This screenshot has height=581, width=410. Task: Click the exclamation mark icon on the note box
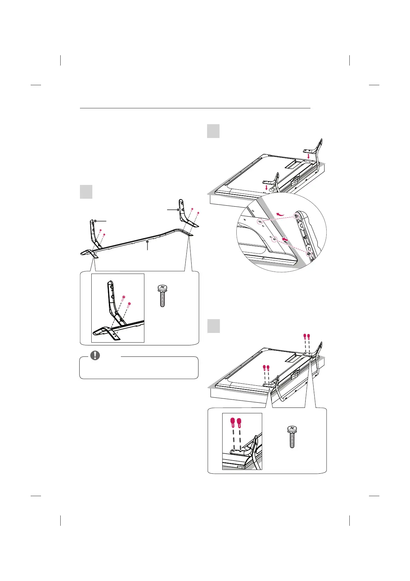[95, 355]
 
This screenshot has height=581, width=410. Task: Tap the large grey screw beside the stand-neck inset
[162, 295]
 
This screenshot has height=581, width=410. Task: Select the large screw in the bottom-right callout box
[292, 436]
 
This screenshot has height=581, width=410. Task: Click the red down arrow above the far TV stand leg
[308, 157]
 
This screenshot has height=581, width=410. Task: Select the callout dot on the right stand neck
[178, 210]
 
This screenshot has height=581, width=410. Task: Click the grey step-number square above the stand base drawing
[86, 191]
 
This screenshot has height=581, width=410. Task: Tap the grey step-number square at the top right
[213, 131]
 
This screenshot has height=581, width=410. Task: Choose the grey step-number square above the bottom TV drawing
[213, 326]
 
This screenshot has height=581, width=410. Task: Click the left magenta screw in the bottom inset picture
[233, 421]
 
